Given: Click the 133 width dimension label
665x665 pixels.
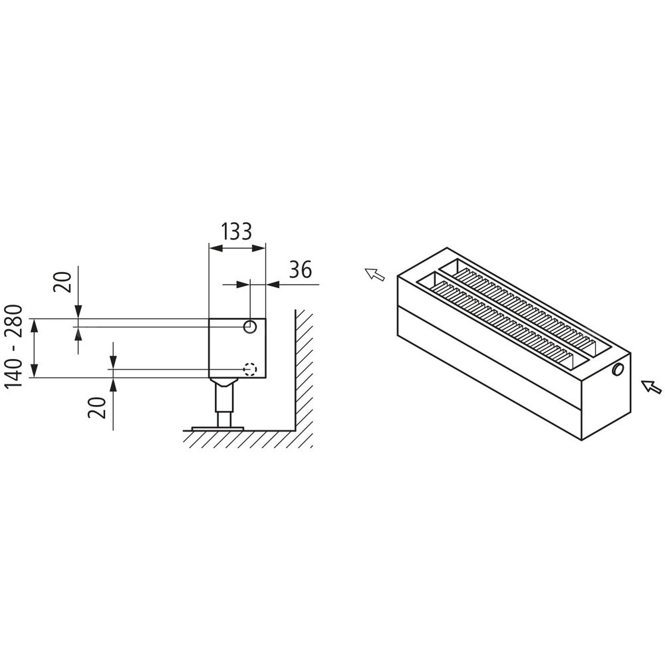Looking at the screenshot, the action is pyautogui.click(x=236, y=231).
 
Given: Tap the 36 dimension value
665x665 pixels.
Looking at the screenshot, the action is pyautogui.click(x=301, y=269).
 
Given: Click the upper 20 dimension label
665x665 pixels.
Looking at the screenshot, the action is pyautogui.click(x=62, y=281).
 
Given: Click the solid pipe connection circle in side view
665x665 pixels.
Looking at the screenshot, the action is pyautogui.click(x=250, y=327).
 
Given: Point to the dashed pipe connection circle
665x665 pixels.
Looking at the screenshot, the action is pyautogui.click(x=250, y=369).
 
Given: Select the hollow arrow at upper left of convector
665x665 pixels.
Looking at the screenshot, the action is pyautogui.click(x=375, y=275).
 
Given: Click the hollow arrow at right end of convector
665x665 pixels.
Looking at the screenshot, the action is pyautogui.click(x=651, y=387).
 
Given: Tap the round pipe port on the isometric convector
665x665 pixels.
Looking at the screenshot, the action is pyautogui.click(x=618, y=370).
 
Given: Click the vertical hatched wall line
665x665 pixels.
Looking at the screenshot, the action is pyautogui.click(x=295, y=370).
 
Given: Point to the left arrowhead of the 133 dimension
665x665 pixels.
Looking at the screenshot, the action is pyautogui.click(x=216, y=248).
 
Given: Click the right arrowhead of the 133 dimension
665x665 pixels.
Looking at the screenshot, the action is pyautogui.click(x=259, y=248).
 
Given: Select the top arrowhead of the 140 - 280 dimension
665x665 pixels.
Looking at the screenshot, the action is pyautogui.click(x=35, y=325).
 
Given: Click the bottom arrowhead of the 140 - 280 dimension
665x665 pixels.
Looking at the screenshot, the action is pyautogui.click(x=35, y=370).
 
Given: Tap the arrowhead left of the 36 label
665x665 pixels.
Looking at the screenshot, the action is pyautogui.click(x=243, y=285).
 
